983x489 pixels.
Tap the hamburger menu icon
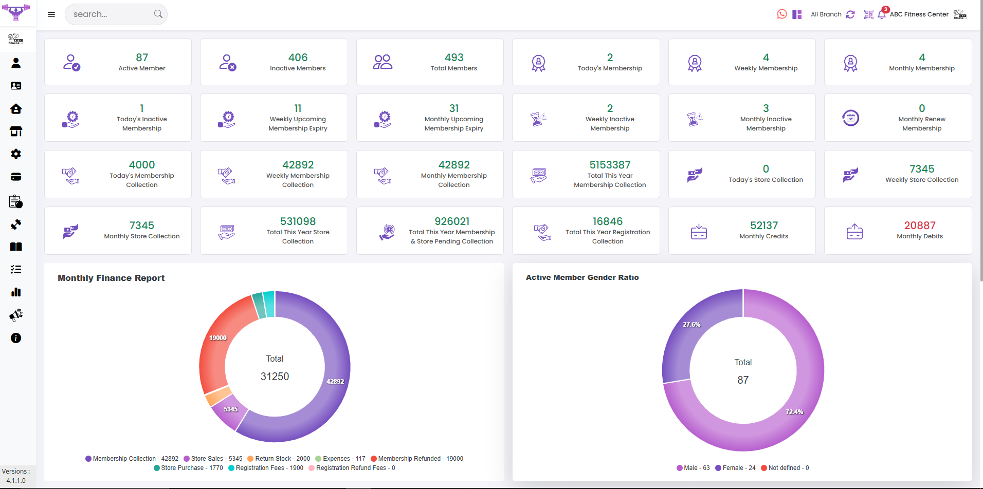click(x=51, y=14)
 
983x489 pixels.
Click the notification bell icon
click(x=882, y=14)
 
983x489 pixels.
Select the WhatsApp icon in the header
click(x=782, y=14)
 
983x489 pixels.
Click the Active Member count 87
click(x=142, y=58)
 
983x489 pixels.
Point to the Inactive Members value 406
click(x=298, y=58)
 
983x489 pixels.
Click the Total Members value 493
click(x=454, y=58)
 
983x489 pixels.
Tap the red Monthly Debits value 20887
click(x=920, y=225)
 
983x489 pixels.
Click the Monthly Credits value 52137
click(x=764, y=225)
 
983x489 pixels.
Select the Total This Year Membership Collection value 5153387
click(x=610, y=165)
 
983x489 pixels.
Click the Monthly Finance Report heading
click(x=111, y=278)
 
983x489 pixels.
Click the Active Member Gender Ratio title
click(x=582, y=277)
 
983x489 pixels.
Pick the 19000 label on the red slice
click(x=218, y=338)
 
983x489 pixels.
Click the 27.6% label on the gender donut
click(x=691, y=325)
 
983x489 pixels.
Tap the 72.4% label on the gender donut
click(x=794, y=412)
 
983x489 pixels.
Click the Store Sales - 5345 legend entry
click(x=213, y=459)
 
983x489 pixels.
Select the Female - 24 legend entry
click(x=736, y=468)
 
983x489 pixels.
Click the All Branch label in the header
click(x=826, y=14)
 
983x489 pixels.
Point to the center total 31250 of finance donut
click(x=275, y=377)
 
